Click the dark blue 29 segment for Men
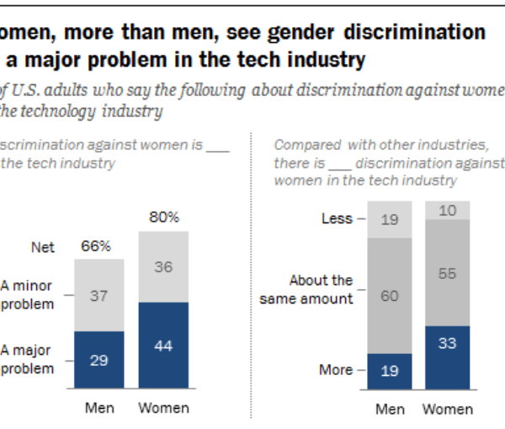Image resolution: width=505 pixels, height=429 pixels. coord(99,359)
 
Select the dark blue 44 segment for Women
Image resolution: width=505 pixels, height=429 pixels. coord(164,345)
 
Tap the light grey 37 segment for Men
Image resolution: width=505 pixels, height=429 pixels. coord(99,295)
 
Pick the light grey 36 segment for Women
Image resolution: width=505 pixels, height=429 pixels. coord(164,266)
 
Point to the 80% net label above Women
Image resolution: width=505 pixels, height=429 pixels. coord(164,217)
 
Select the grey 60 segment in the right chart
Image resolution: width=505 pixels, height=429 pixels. coord(390,296)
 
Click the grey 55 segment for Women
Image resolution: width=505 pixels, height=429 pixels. coord(448,273)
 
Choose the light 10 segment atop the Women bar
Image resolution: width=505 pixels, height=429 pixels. coord(448,211)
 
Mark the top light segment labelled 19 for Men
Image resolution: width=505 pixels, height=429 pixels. coord(390,220)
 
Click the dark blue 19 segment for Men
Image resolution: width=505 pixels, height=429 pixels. coord(390,370)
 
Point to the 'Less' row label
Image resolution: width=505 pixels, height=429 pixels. coord(337,219)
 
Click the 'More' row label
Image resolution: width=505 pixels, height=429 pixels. coord(336,369)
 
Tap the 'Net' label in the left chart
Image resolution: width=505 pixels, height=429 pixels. coord(43,248)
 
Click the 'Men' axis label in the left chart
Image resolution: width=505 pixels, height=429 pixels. coord(99,409)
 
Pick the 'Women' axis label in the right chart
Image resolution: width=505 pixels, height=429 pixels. coord(448,410)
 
